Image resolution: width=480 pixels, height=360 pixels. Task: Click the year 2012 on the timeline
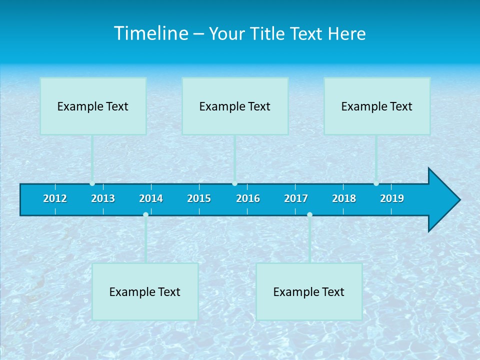pyautogui.click(x=55, y=198)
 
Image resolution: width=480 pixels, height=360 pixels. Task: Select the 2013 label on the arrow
pyautogui.click(x=103, y=198)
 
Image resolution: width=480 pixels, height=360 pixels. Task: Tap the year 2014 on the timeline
pyautogui.click(x=151, y=198)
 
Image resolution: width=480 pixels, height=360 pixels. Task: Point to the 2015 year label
pyautogui.click(x=199, y=198)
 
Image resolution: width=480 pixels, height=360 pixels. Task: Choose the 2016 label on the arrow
pyautogui.click(x=248, y=198)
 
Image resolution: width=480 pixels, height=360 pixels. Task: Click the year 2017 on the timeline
pyautogui.click(x=296, y=198)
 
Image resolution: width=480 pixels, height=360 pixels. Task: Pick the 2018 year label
pyautogui.click(x=344, y=198)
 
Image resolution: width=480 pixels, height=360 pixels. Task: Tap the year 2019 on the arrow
pyautogui.click(x=392, y=198)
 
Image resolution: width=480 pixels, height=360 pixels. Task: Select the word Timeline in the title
pyautogui.click(x=149, y=33)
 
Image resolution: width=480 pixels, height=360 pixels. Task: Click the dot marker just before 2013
pyautogui.click(x=92, y=183)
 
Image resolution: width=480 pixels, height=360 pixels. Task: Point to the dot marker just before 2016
pyautogui.click(x=234, y=183)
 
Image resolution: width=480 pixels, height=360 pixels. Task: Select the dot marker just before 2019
pyautogui.click(x=376, y=183)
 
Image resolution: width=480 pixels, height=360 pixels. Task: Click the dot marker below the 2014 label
pyautogui.click(x=145, y=214)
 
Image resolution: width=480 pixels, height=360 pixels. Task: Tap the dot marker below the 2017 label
pyautogui.click(x=309, y=214)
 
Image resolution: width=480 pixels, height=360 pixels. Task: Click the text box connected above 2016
pyautogui.click(x=235, y=106)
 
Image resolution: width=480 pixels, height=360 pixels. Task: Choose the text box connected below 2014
pyautogui.click(x=145, y=291)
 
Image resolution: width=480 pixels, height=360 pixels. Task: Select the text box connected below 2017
pyautogui.click(x=309, y=291)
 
